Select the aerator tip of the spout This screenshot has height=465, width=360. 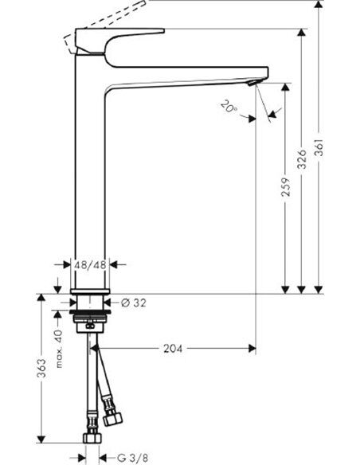(x=253, y=82)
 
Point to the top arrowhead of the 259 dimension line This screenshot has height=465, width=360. (x=285, y=83)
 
